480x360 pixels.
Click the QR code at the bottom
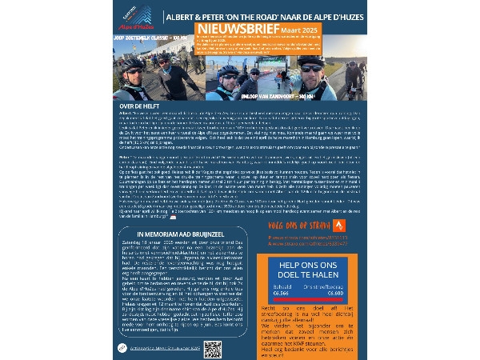pos(214,350)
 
